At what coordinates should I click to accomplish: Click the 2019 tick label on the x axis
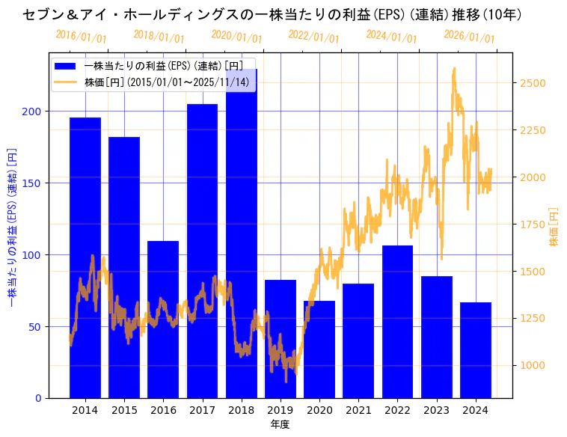(281, 410)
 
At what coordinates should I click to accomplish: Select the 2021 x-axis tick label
(358, 410)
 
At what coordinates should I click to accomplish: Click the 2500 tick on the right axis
(533, 83)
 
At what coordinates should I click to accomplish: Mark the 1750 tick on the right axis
(533, 224)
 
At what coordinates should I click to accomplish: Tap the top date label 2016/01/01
(81, 36)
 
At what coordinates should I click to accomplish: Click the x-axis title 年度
(280, 424)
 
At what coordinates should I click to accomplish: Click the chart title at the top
(272, 14)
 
